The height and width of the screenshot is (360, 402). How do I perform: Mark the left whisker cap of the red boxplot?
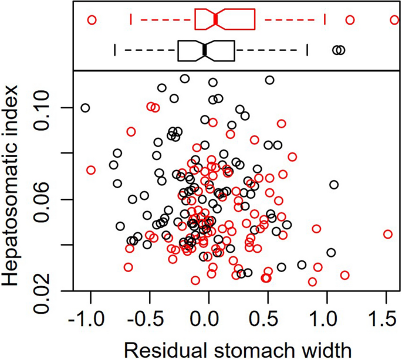131,20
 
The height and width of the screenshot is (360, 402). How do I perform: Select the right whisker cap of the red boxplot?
325,20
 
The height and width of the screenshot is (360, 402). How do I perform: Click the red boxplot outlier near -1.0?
92,20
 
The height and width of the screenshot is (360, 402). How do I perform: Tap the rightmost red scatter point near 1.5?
388,234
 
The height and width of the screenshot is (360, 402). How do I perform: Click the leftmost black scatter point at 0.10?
86,108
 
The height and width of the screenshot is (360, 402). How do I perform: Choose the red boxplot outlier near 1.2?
350,20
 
